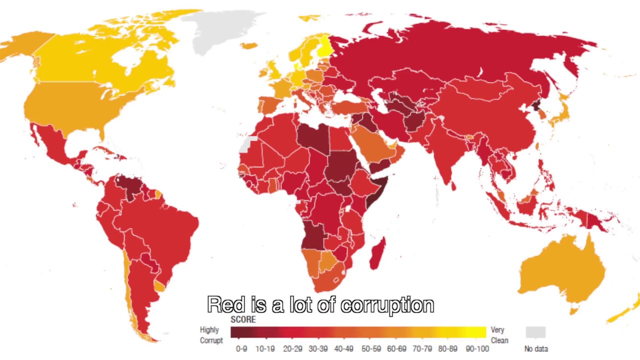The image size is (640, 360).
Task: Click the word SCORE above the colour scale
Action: (243, 319)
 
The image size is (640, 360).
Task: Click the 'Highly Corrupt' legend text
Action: (211, 335)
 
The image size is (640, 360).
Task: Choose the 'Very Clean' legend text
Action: (499, 335)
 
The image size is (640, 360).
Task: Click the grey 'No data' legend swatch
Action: (535, 332)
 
